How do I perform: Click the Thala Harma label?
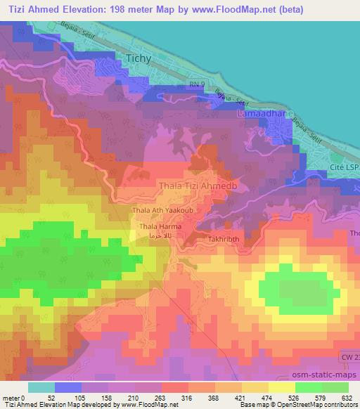(160, 227)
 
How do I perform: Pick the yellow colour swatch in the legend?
(281, 387)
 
